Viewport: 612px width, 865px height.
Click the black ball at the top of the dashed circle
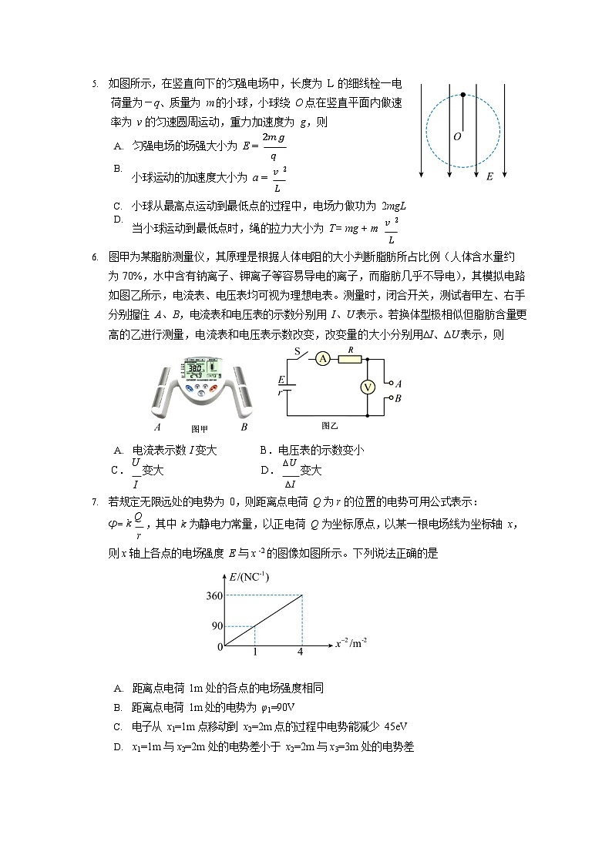click(462, 95)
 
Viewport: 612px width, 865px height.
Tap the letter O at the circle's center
click(457, 136)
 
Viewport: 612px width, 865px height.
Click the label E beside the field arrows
click(489, 176)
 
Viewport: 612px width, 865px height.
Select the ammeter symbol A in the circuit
click(324, 359)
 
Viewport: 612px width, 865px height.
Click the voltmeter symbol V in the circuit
click(368, 387)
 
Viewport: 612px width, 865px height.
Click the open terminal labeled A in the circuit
click(390, 383)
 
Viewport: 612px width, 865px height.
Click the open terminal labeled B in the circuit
click(390, 399)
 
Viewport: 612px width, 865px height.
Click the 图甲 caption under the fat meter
click(200, 429)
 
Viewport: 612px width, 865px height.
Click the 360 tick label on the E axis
click(214, 595)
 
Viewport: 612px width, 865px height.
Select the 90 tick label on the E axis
click(217, 625)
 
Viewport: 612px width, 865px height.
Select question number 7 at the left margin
click(94, 502)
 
